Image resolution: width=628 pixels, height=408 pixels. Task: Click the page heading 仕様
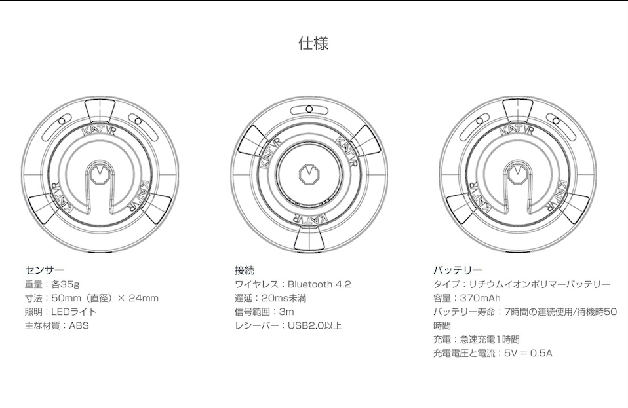click(313, 44)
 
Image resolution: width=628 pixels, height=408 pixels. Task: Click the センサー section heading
click(44, 270)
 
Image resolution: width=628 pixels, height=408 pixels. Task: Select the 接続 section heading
click(244, 270)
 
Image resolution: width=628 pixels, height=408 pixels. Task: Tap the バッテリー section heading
click(458, 270)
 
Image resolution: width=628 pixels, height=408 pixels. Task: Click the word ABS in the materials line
click(79, 325)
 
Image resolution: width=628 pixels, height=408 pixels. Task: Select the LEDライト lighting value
click(73, 312)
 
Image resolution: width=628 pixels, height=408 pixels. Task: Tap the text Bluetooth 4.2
click(319, 284)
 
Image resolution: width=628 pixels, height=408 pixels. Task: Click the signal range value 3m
click(286, 312)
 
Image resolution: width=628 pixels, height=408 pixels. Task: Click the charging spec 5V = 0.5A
click(528, 353)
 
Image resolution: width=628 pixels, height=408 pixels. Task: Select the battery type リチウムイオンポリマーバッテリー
click(540, 284)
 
